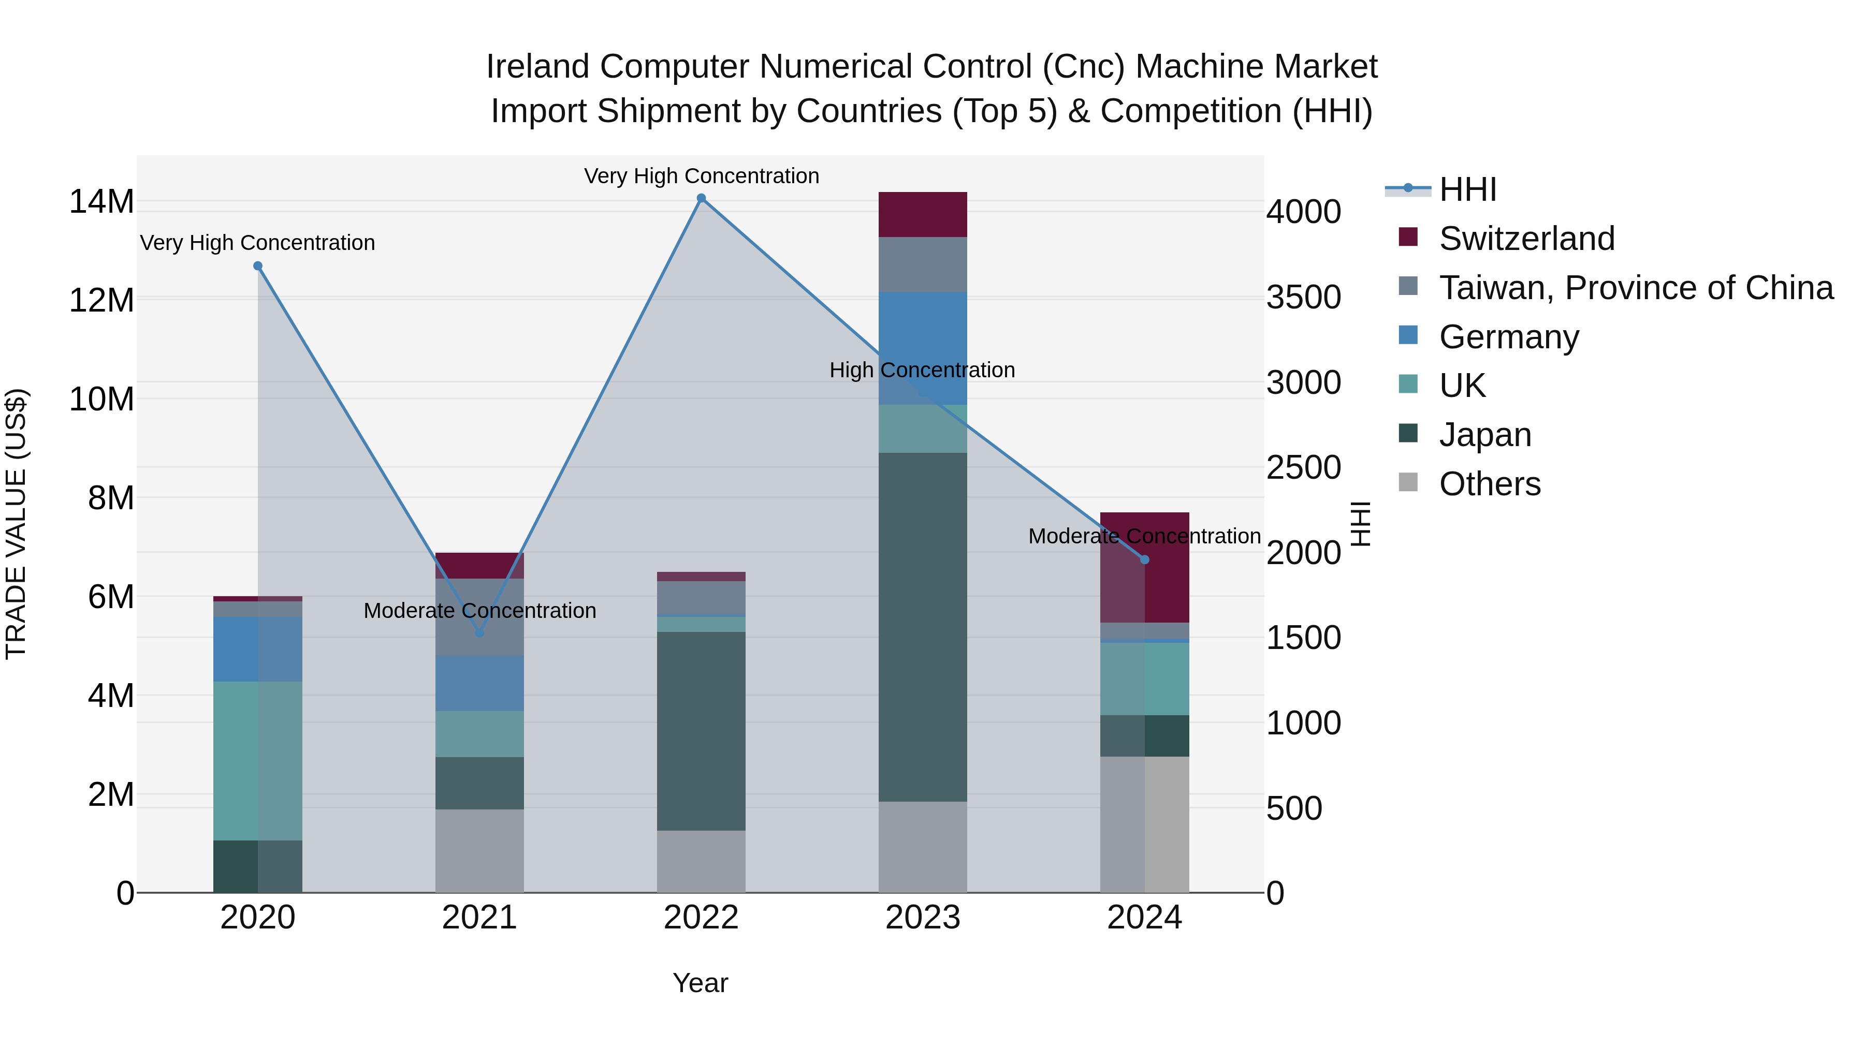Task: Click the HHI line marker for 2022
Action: click(x=701, y=198)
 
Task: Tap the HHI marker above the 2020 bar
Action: click(x=258, y=266)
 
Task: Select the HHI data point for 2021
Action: click(x=479, y=633)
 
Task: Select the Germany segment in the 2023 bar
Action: click(x=923, y=348)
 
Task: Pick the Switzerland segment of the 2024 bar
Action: click(x=1144, y=568)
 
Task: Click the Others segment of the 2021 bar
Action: click(x=479, y=850)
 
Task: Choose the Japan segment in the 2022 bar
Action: click(x=701, y=730)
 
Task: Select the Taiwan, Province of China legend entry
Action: click(x=1635, y=288)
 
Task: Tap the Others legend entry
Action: click(x=1489, y=484)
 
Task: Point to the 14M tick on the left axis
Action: click(x=101, y=202)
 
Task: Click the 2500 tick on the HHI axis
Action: click(x=1303, y=468)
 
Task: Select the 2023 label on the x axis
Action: click(x=923, y=918)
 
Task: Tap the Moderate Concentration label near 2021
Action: click(x=479, y=611)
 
